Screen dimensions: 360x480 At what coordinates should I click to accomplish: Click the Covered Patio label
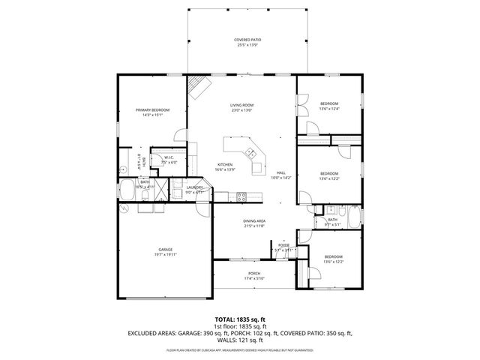click(247, 39)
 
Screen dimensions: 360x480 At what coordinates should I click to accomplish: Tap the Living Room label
click(241, 104)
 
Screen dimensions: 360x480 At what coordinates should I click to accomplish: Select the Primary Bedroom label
click(151, 109)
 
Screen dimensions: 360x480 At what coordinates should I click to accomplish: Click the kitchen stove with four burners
click(242, 197)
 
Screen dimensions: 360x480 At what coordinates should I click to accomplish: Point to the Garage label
click(165, 249)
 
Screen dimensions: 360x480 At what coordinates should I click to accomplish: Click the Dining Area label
click(254, 220)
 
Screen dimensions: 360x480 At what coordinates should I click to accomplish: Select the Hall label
click(280, 172)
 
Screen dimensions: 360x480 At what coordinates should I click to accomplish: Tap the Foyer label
click(283, 244)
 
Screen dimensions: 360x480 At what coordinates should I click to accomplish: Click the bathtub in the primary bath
click(128, 190)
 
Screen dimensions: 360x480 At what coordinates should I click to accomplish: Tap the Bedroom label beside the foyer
click(333, 256)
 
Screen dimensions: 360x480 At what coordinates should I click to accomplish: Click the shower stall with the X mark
click(160, 190)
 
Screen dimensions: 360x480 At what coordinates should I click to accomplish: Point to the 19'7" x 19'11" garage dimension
click(165, 254)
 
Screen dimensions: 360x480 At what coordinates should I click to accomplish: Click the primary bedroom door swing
click(180, 136)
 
